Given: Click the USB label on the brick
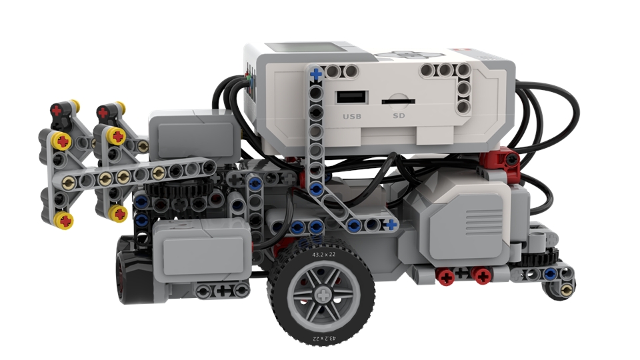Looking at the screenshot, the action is [x=352, y=116].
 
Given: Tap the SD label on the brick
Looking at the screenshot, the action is [x=399, y=116].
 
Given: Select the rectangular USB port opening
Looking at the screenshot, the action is [x=351, y=97].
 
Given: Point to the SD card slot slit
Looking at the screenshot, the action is [x=398, y=101].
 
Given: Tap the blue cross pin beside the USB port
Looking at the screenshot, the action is [x=316, y=74].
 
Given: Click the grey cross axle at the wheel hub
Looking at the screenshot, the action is [x=323, y=295].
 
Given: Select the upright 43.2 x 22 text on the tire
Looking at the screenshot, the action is [x=323, y=255].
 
